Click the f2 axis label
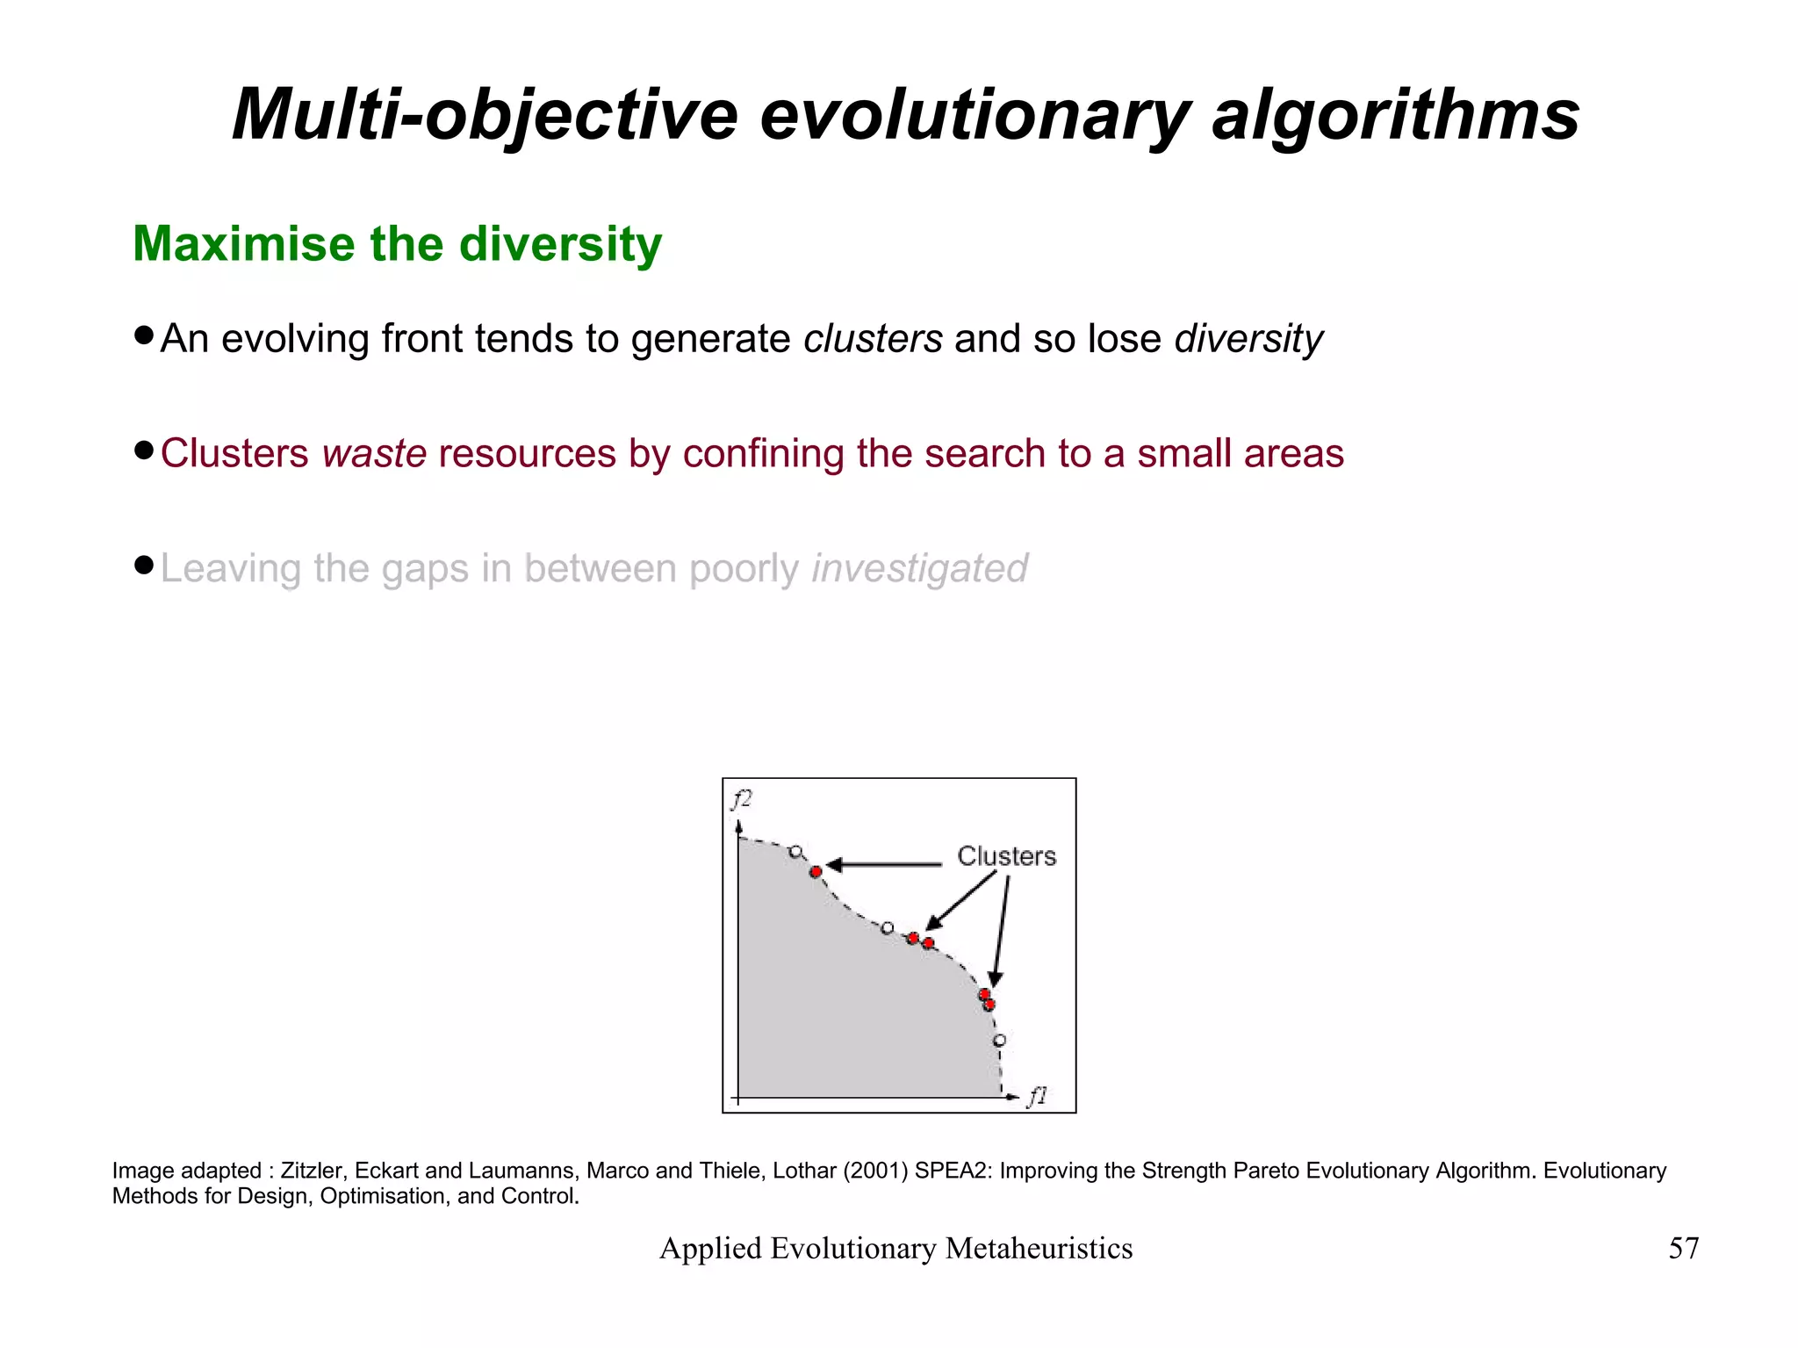pyautogui.click(x=742, y=799)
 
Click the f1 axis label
pyautogui.click(x=1038, y=1096)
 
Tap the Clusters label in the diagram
pyautogui.click(x=1006, y=855)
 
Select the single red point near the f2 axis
pyautogui.click(x=816, y=871)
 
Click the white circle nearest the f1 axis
pyautogui.click(x=999, y=1041)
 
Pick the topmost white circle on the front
pyautogui.click(x=795, y=852)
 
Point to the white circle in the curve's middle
pyautogui.click(x=887, y=928)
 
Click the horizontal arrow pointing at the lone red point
pyautogui.click(x=882, y=865)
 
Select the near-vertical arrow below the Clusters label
pyautogui.click(x=1001, y=931)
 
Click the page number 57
pyautogui.click(x=1683, y=1248)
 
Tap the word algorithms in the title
pyautogui.click(x=1395, y=115)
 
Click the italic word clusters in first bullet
pyautogui.click(x=873, y=339)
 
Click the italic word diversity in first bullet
pyautogui.click(x=1248, y=339)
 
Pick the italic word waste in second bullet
pyautogui.click(x=374, y=454)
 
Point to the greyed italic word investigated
pyautogui.click(x=919, y=568)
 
